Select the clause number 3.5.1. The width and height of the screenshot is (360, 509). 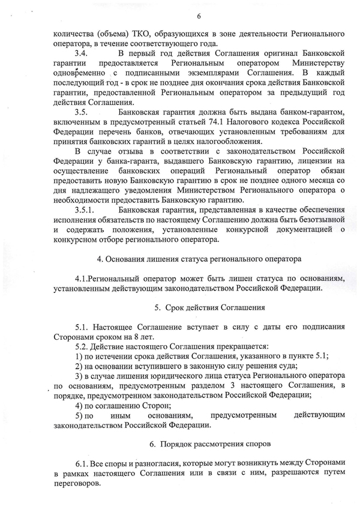click(85, 212)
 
